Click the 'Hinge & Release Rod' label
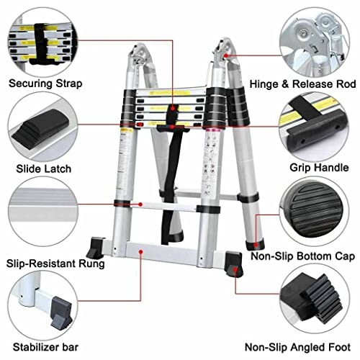coord(302,84)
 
